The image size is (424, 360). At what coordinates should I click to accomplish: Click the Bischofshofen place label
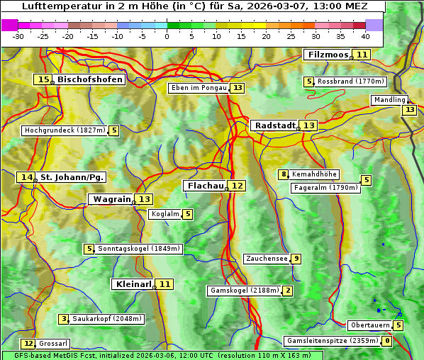tap(90, 80)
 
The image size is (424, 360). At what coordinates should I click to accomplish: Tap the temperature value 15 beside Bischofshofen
tap(43, 80)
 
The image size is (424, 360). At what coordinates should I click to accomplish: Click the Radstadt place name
tap(274, 125)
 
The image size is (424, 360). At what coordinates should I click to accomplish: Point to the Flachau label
tap(206, 186)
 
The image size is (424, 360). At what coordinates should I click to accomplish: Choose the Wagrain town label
tap(112, 199)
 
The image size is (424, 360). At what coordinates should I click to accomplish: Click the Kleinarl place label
tap(133, 284)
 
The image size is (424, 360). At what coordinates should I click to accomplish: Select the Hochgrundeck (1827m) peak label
tap(65, 130)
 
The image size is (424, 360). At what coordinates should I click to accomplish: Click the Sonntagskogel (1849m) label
tap(140, 249)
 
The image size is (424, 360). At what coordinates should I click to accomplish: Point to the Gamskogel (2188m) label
tap(244, 291)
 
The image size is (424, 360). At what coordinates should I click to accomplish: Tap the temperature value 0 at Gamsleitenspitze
tap(386, 341)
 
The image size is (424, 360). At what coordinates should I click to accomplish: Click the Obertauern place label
tap(370, 325)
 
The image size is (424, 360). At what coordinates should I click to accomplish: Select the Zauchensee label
tap(267, 259)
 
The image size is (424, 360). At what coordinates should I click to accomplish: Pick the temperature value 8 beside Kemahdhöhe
tap(284, 174)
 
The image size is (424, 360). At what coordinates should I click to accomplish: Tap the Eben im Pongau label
tap(199, 88)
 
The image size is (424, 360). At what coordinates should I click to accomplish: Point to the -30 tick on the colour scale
tap(18, 35)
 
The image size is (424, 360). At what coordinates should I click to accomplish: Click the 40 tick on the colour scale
tap(365, 35)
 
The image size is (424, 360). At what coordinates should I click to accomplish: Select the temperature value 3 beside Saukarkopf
tap(64, 319)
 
